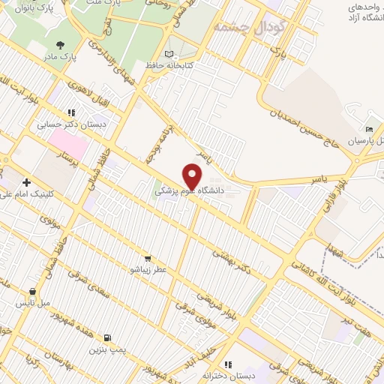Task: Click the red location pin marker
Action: tap(193, 175)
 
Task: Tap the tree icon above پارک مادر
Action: tap(60, 45)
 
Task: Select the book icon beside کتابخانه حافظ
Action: tap(169, 54)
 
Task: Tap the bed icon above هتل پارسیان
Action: tap(367, 128)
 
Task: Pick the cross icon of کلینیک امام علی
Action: tap(27, 182)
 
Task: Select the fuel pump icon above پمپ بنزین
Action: tap(109, 337)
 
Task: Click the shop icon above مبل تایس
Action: tap(33, 291)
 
